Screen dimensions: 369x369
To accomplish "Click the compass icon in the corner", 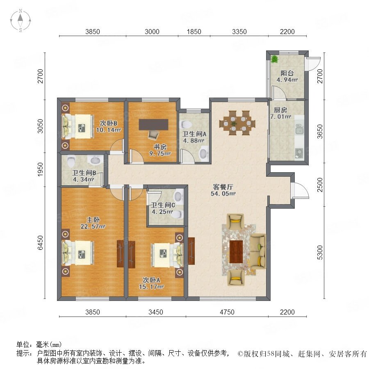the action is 20,20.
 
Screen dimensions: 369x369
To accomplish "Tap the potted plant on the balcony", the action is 274,59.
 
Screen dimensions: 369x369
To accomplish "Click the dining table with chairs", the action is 237,123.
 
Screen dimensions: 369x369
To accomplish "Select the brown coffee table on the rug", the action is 236,252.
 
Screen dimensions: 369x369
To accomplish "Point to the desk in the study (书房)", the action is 153,125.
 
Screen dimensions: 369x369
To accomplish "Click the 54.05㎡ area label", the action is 223,194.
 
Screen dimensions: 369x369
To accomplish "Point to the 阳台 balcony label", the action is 287,73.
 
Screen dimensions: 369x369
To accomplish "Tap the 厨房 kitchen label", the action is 280,110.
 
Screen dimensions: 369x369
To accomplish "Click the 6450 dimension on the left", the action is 41,243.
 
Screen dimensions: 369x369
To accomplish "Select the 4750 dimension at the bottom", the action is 227,312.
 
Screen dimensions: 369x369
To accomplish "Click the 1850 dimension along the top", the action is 194,32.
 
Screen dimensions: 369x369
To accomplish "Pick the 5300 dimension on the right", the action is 320,253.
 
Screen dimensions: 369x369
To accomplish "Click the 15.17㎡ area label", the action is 151,287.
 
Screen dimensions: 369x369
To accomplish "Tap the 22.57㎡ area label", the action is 93,227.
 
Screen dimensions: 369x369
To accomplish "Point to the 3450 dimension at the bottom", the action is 155,312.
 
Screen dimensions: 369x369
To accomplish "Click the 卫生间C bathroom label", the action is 163,205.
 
